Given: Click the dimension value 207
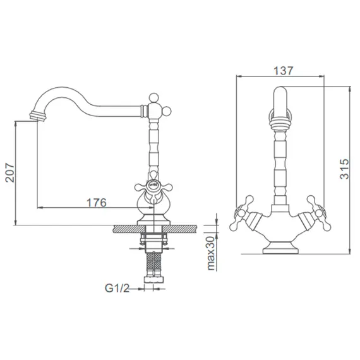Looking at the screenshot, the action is tap(9, 172).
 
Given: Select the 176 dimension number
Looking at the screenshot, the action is tap(97, 203).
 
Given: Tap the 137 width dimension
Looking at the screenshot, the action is tap(284, 71).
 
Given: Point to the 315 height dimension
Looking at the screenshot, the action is tap(344, 169).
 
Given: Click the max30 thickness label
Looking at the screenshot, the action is tap(211, 253).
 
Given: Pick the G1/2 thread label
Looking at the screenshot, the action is tap(117, 288).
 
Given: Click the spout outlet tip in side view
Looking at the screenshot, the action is tap(38, 116).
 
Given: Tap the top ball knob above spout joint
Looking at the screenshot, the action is tap(153, 97).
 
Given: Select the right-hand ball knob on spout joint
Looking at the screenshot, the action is tap(167, 111).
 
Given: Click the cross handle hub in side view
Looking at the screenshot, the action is tap(153, 184).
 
